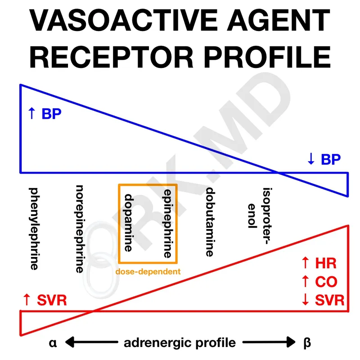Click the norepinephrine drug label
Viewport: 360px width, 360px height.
coord(79,229)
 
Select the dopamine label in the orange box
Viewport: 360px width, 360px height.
coord(129,223)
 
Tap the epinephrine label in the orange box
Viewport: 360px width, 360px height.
coord(167,223)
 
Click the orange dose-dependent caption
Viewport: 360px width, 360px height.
coord(148,271)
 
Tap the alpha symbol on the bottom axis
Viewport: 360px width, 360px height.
coord(53,343)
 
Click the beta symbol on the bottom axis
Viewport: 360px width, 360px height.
coord(307,343)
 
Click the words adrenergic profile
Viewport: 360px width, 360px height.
coord(180,343)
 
